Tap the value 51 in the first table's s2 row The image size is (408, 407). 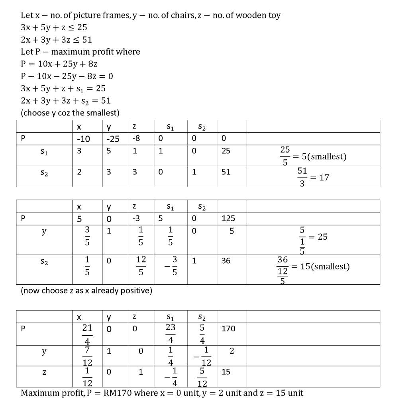point(226,172)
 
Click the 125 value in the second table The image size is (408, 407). point(228,218)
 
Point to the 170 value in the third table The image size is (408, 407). point(228,329)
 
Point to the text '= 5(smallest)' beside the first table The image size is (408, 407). point(321,156)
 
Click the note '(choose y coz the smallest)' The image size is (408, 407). point(70,113)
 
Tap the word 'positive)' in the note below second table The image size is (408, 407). point(137,290)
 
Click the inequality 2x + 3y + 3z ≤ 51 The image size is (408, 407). point(57,39)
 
